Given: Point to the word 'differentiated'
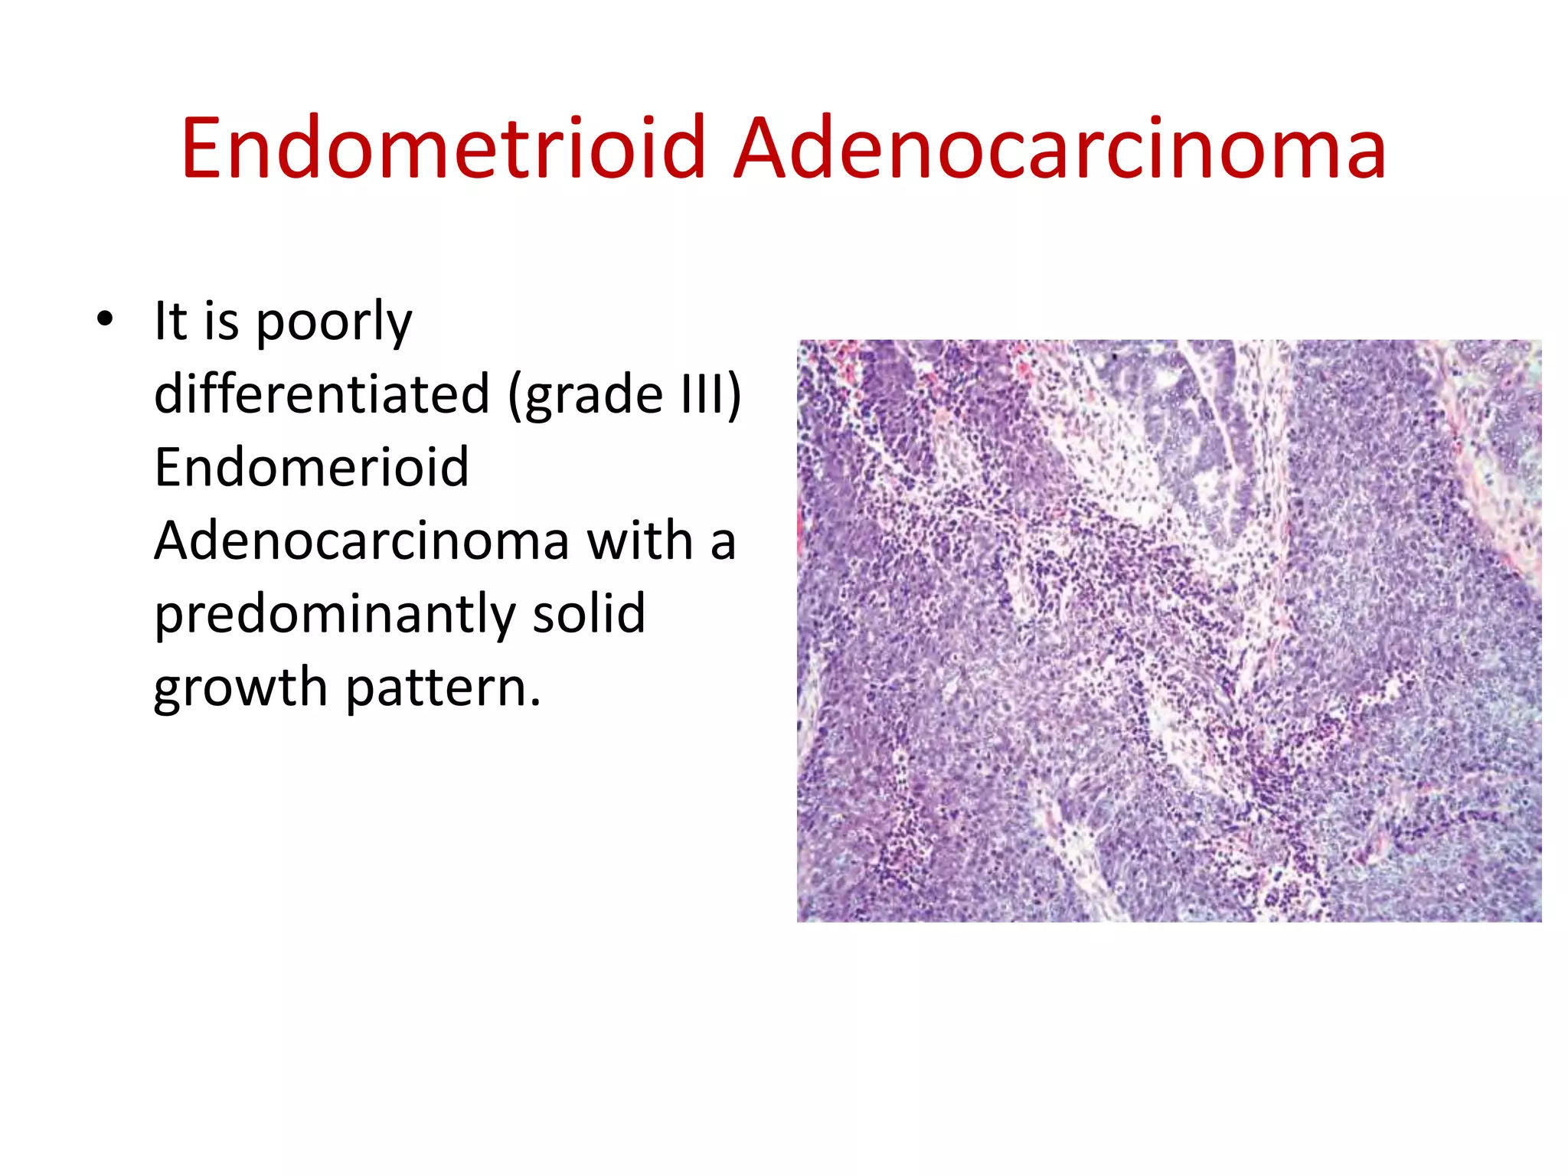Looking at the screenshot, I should (322, 394).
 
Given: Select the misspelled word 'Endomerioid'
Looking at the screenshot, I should (311, 467).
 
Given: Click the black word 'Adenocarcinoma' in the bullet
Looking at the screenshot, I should (361, 541).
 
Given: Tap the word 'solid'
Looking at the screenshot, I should (589, 614).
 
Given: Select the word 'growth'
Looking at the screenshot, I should (240, 688).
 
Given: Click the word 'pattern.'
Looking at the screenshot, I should (443, 688).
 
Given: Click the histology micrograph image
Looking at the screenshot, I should (1168, 630).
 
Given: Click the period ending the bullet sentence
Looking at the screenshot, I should (535, 702).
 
